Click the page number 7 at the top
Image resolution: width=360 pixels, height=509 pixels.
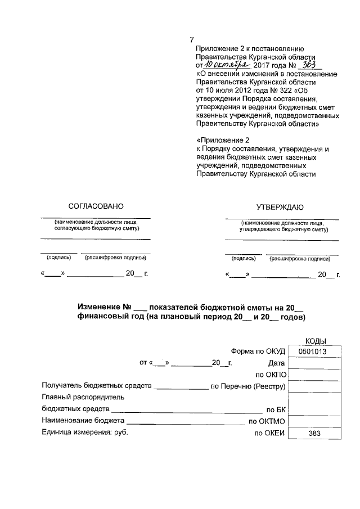pos(192,39)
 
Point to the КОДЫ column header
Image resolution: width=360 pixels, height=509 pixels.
pos(315,340)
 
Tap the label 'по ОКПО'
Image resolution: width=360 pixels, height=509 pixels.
pos(271,375)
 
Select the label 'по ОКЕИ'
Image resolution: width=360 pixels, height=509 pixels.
pos(271,433)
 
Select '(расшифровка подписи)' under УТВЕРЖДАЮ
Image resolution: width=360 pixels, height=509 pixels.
pos(300,259)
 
